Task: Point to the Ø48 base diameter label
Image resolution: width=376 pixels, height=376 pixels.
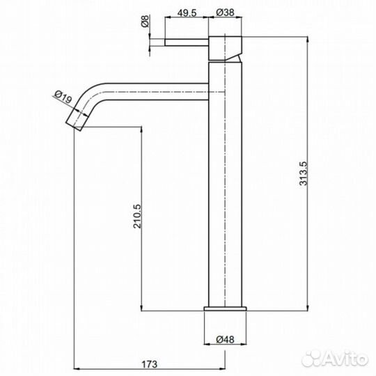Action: click(x=225, y=339)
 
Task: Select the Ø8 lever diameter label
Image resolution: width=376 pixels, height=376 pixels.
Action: click(x=146, y=22)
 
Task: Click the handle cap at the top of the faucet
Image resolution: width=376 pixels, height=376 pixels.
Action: click(x=225, y=47)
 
